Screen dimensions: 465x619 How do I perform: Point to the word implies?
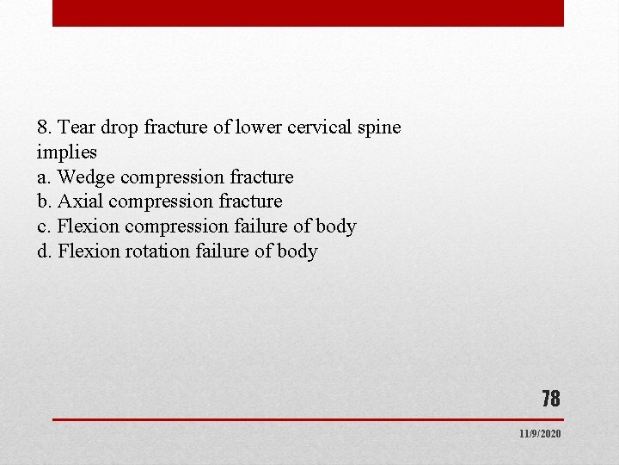point(67,152)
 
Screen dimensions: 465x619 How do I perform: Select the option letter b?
point(44,201)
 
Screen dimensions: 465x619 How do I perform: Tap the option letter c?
point(43,226)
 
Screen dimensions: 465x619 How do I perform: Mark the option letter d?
point(44,251)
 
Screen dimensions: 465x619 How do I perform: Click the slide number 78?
point(551,399)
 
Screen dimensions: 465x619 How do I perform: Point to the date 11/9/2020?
point(540,434)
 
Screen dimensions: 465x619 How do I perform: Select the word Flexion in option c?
point(89,226)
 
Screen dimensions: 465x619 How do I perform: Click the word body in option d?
point(298,251)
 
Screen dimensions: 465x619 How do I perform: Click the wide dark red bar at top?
point(308,13)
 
